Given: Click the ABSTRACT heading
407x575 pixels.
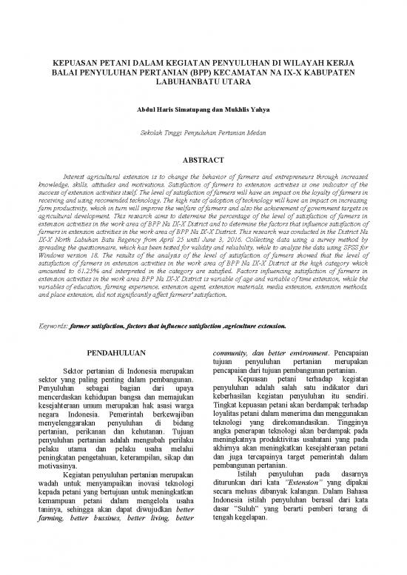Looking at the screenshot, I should click(x=203, y=158).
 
